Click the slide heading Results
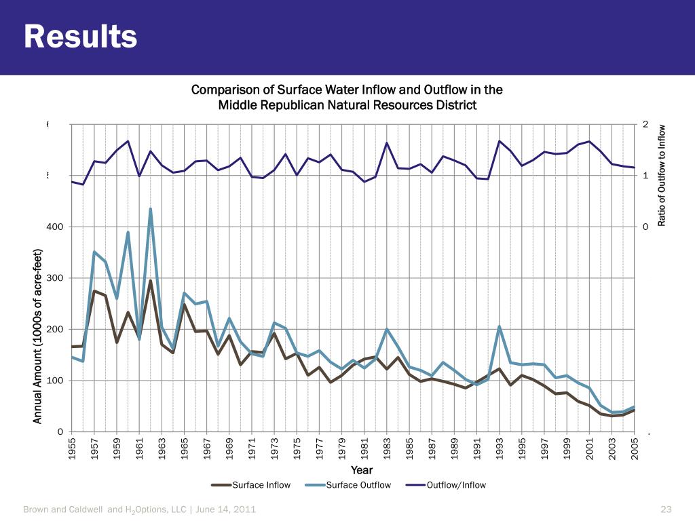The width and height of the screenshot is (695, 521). [81, 37]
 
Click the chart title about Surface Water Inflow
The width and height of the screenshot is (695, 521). [347, 97]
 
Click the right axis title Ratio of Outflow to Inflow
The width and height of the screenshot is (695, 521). [662, 175]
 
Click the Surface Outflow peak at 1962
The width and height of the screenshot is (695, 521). [151, 209]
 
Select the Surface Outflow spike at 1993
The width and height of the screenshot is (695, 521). [499, 326]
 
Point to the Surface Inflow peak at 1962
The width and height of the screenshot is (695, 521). [151, 281]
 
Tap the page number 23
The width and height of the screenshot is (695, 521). [665, 509]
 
